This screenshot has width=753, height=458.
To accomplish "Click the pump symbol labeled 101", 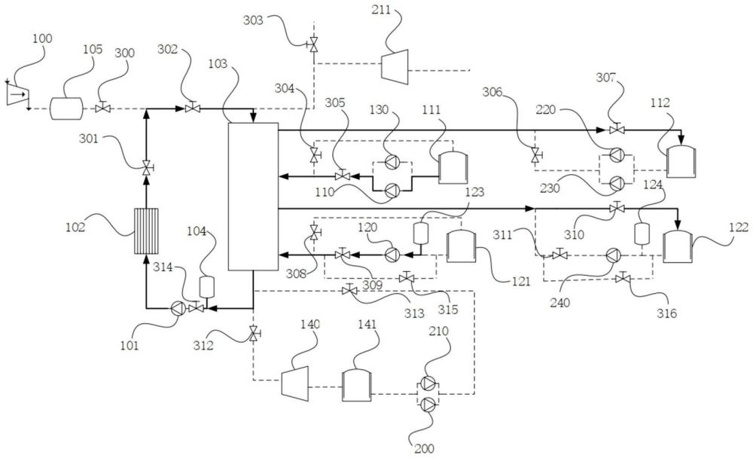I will point(178,307).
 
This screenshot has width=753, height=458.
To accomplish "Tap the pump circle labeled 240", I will point(611,255).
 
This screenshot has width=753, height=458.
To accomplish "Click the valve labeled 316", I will point(622,279).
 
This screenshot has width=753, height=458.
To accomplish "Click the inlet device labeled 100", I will point(17,94).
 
